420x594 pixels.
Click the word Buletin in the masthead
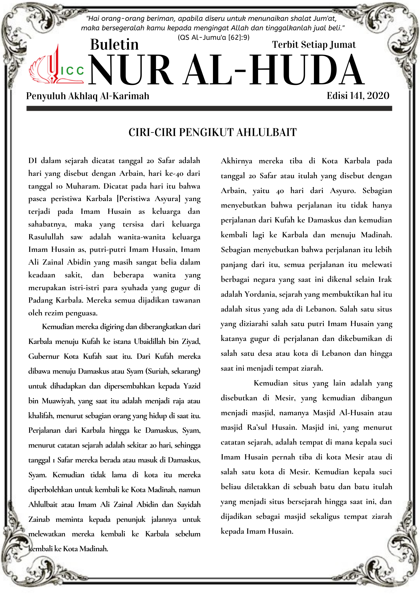[114, 45]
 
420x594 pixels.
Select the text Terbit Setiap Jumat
[314, 45]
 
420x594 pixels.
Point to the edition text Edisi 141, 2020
[358, 96]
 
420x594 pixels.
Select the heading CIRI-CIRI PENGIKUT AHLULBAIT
[212, 132]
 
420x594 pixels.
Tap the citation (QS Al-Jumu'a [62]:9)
[214, 37]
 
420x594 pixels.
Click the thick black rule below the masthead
[209, 109]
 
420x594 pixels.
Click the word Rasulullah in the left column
[46, 237]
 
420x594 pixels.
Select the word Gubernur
[44, 356]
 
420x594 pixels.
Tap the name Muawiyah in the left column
[58, 401]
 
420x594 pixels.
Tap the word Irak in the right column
[385, 279]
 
